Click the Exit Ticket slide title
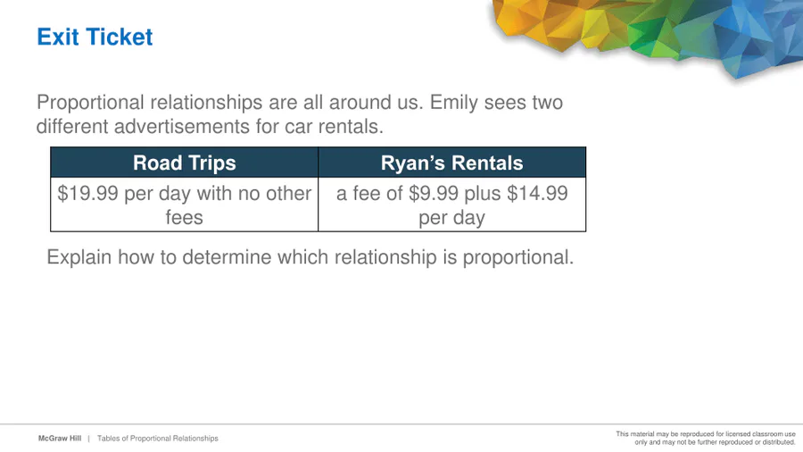click(x=95, y=37)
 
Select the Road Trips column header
click(x=185, y=163)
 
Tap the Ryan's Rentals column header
click(x=451, y=163)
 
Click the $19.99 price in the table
click(x=87, y=194)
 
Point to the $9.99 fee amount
click(x=434, y=194)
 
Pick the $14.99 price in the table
click(x=537, y=194)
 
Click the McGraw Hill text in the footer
click(x=60, y=439)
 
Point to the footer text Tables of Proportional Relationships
click(x=158, y=439)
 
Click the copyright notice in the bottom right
click(x=706, y=439)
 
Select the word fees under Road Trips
click(x=185, y=218)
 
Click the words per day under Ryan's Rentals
click(x=451, y=218)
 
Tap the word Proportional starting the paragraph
click(x=90, y=103)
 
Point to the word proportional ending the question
click(x=518, y=257)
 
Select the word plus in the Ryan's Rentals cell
click(x=483, y=194)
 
